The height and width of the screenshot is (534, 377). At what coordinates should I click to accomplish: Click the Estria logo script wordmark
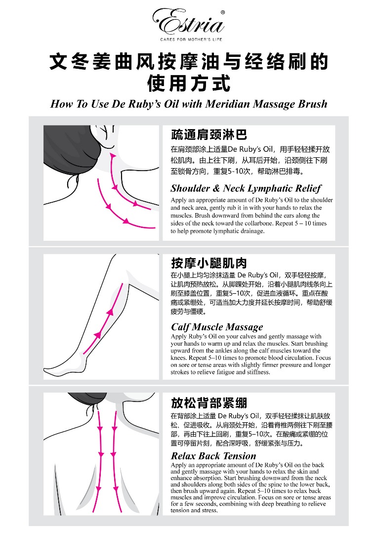click(188, 22)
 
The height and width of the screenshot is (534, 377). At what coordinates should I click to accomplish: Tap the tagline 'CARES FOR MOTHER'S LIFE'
click(191, 40)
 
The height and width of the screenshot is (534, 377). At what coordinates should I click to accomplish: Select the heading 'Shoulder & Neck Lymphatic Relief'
click(246, 188)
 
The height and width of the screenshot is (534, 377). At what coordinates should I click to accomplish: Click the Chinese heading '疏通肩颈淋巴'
click(209, 135)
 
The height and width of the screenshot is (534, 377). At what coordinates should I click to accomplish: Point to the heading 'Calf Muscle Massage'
click(217, 327)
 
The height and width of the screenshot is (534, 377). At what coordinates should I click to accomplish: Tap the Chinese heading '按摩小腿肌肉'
click(209, 263)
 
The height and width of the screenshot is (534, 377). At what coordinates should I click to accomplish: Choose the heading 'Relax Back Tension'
click(213, 456)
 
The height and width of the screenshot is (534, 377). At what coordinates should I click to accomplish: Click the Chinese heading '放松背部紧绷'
click(209, 403)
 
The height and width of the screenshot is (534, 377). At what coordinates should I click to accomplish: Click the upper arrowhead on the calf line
click(110, 311)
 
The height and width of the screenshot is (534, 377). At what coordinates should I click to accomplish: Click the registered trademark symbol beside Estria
click(222, 12)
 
